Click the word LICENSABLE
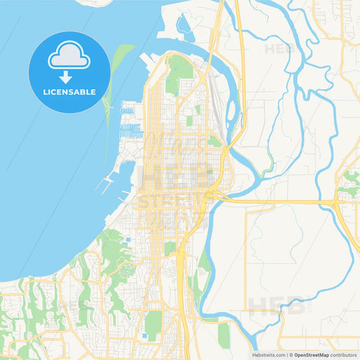point(70,91)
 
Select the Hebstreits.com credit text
point(265,354)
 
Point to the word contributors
point(343,354)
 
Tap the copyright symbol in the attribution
point(290,354)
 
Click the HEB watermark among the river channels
point(278,49)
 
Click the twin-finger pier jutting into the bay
point(107,182)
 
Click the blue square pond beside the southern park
point(144,336)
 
